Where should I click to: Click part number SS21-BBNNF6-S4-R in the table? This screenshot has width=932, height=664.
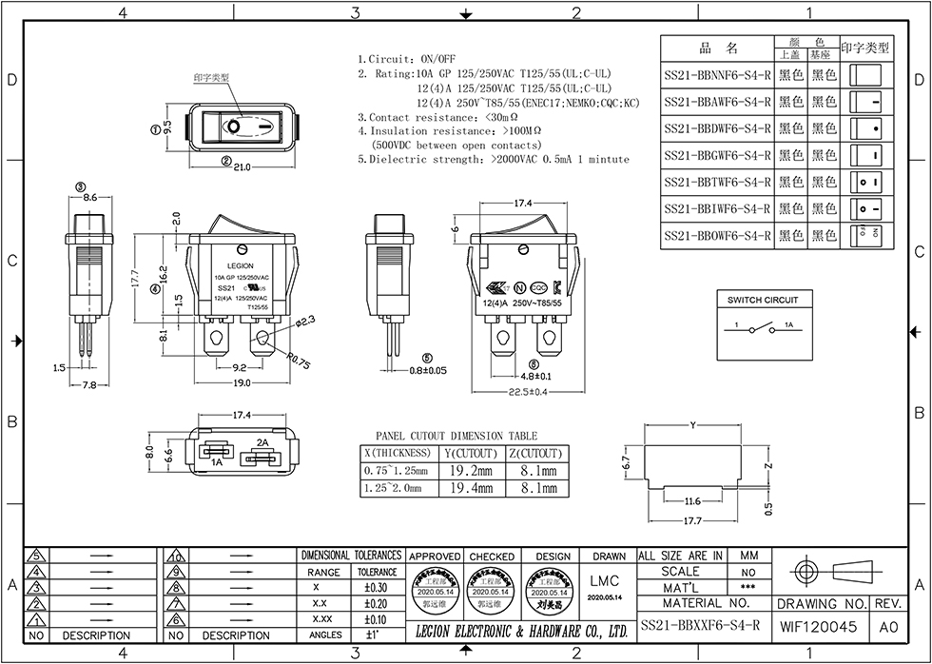coord(717,75)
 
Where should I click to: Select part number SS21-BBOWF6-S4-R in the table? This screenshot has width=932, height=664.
coord(717,235)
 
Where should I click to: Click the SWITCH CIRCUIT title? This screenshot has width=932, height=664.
coord(763,300)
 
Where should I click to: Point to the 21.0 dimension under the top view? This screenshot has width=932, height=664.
coord(242,167)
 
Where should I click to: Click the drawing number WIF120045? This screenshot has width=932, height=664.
coord(819,626)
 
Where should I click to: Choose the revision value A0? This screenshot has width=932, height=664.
coord(888,626)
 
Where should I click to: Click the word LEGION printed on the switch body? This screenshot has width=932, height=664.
coord(240,266)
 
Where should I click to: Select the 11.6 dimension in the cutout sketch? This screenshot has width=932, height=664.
coord(691,501)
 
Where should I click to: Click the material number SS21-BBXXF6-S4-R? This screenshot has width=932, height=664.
coord(700,625)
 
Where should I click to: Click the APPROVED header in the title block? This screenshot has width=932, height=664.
coord(435,556)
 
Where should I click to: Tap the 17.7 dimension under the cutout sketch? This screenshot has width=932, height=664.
coord(691,521)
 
